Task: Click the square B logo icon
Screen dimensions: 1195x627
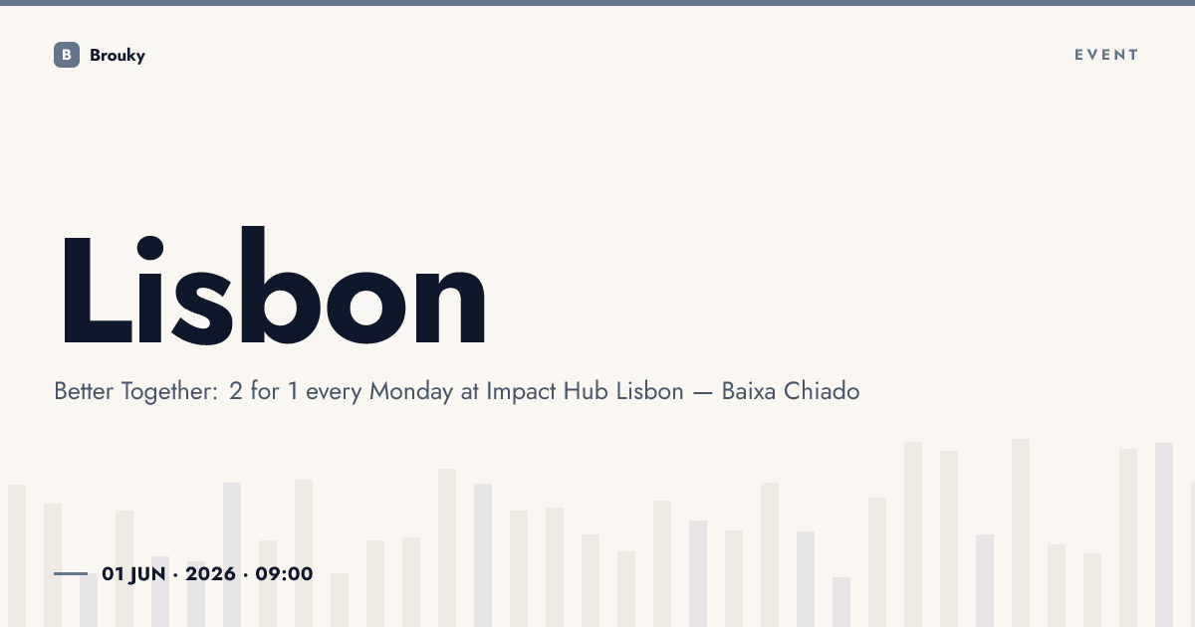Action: click(67, 55)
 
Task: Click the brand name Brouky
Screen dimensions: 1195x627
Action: click(118, 56)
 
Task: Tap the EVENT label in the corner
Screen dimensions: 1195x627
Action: click(1106, 55)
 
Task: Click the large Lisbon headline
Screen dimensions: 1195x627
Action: click(274, 286)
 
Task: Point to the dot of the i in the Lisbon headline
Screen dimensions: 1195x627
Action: click(150, 248)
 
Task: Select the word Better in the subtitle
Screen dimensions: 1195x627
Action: click(84, 391)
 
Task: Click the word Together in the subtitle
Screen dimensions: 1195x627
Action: click(169, 392)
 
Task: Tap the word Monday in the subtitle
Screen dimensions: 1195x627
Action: click(410, 392)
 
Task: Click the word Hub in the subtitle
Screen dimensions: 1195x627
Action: click(586, 391)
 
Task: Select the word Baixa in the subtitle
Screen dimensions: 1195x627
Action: click(749, 391)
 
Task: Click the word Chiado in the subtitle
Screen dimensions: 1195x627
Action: click(822, 391)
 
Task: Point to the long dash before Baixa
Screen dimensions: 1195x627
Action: click(703, 393)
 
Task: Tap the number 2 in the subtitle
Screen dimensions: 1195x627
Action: click(235, 391)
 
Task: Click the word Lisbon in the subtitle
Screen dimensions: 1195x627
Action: click(649, 391)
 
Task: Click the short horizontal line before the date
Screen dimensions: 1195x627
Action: click(71, 573)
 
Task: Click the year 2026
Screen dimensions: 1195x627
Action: click(210, 573)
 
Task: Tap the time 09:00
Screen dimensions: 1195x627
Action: click(284, 573)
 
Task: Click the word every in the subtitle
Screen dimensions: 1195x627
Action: click(334, 393)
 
